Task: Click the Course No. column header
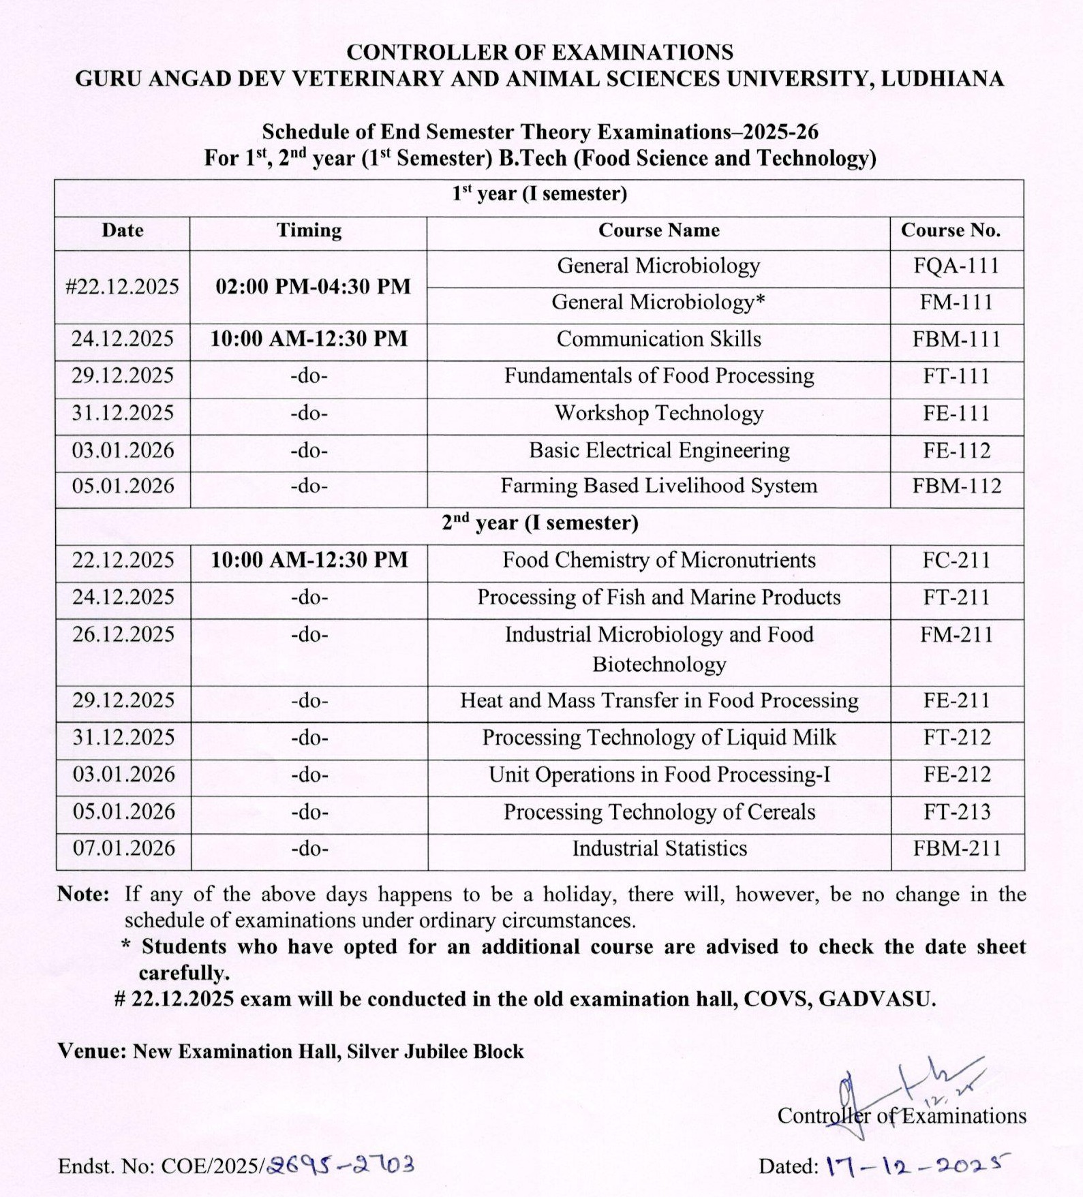[x=951, y=230]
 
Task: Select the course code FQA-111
[x=956, y=266]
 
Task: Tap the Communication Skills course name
[x=658, y=339]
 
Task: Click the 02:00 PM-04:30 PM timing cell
[x=313, y=286]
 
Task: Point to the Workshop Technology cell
[x=658, y=413]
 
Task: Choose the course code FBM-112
[x=957, y=486]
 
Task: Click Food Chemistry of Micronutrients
[x=658, y=560]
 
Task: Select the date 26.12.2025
[x=123, y=634]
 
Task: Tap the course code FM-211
[x=956, y=634]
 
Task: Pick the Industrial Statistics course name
[x=659, y=848]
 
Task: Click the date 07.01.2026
[x=124, y=848]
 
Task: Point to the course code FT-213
[x=957, y=811]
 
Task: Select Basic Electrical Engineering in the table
[x=659, y=450]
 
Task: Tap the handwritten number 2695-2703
[x=341, y=1164]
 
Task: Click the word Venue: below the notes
[x=92, y=1051]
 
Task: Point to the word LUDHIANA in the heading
[x=942, y=79]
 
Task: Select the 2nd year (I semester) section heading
[x=540, y=523]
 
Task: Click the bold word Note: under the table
[x=83, y=894]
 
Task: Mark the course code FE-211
[x=956, y=700]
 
